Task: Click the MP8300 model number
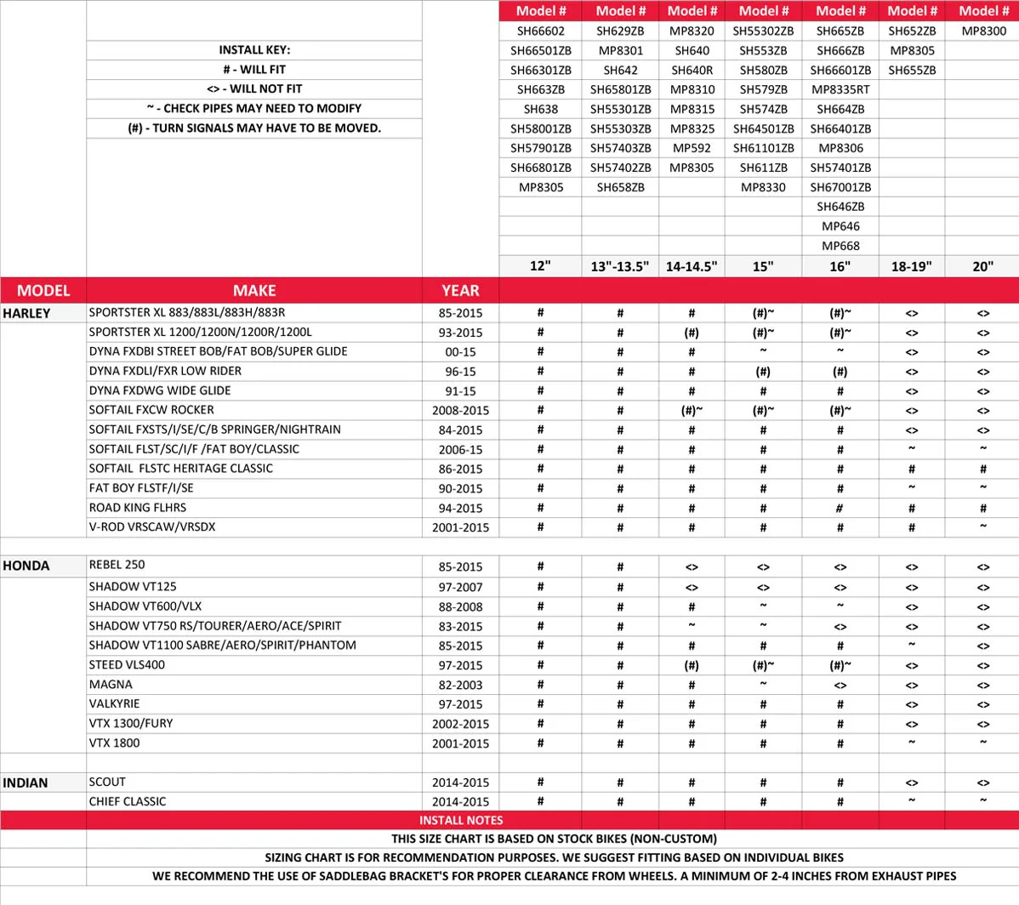[x=983, y=31]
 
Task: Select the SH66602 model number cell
[x=540, y=31]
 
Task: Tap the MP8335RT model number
[x=840, y=89]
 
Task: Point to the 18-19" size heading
[x=911, y=266]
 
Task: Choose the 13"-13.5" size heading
[x=620, y=266]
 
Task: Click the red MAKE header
[x=254, y=290]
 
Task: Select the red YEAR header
[x=460, y=290]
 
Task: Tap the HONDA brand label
[x=26, y=566]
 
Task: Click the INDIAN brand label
[x=26, y=783]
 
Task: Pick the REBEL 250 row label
[x=117, y=565]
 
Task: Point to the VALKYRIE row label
[x=114, y=703]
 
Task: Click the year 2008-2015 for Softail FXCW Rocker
[x=460, y=410]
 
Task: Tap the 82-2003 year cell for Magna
[x=460, y=685]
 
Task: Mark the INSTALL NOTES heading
[x=461, y=820]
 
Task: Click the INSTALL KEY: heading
[x=254, y=50]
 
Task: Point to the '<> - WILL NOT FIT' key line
[x=254, y=88]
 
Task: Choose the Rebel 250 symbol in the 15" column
[x=763, y=566]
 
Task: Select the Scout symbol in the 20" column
[x=983, y=783]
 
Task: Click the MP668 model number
[x=840, y=246]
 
